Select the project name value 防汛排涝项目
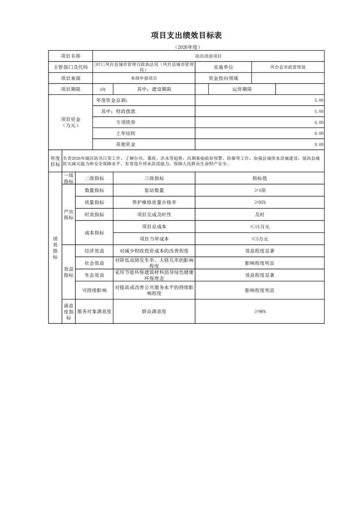coord(208,56)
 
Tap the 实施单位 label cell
coord(223,67)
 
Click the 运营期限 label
coord(242,89)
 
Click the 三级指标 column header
coord(154,179)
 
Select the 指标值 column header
coord(259,179)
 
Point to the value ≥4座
coord(259,191)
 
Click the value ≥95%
coord(259,202)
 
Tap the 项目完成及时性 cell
coord(154,214)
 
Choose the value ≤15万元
coord(259,226)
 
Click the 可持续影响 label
coord(94,290)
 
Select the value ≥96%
coord(259,312)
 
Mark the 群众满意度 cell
coord(154,312)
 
